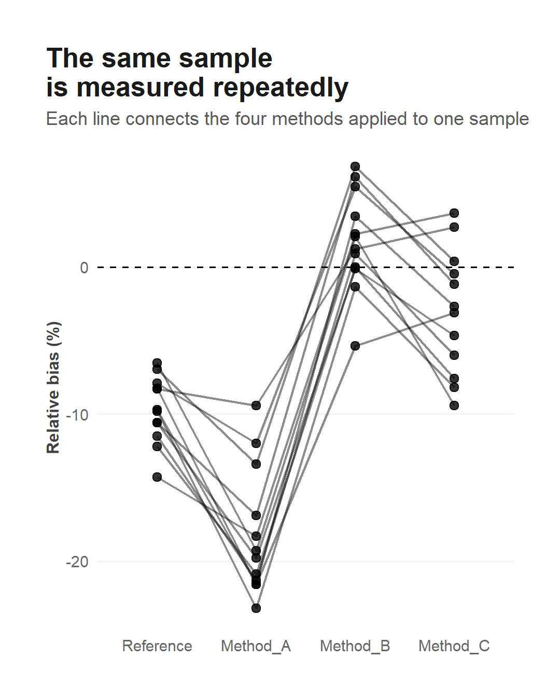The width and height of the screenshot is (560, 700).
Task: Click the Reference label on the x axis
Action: (157, 646)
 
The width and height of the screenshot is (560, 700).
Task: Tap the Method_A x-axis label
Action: (256, 646)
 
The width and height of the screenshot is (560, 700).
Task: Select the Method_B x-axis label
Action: (355, 646)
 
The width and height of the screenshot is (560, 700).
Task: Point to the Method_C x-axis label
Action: (454, 646)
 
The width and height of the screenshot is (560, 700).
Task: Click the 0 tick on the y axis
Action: (85, 268)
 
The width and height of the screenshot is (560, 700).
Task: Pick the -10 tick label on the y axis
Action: (77, 415)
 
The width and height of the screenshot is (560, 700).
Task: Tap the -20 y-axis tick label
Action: (77, 562)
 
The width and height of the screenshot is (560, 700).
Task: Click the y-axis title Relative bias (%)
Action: (53, 387)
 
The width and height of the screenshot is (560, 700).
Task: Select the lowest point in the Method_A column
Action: (256, 608)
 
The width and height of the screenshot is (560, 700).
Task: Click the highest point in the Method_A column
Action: (256, 405)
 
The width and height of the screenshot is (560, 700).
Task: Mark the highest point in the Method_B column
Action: (355, 166)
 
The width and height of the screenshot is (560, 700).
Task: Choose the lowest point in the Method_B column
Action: (355, 346)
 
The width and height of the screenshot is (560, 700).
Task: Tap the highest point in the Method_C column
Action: (454, 213)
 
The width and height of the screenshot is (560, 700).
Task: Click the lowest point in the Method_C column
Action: (454, 405)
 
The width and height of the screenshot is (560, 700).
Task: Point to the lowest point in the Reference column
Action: (157, 477)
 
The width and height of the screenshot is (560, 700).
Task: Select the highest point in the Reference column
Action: (157, 362)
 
